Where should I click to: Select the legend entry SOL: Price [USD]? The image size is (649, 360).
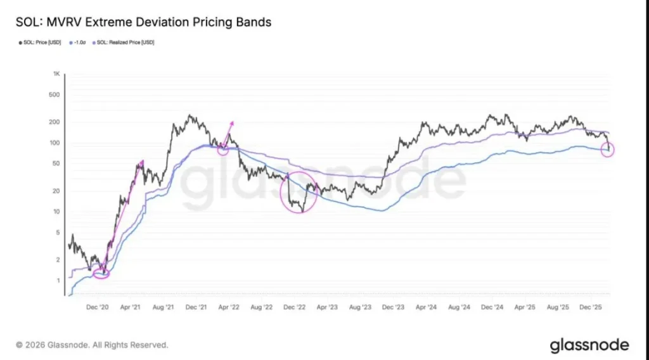pos(39,42)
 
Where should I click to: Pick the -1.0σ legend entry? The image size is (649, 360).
pos(78,42)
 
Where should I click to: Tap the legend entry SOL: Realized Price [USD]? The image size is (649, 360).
pos(124,42)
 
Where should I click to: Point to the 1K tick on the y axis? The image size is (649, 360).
pos(56,74)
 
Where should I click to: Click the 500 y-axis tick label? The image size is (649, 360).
pos(55,95)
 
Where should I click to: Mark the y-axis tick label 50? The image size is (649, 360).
pos(56,164)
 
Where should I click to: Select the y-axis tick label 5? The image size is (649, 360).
pos(57,232)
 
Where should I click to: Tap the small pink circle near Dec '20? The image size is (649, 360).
pos(101,273)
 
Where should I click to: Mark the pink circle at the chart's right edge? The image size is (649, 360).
pos(608,150)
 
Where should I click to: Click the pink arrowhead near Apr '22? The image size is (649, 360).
pos(231,123)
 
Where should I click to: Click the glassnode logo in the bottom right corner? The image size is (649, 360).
pos(589,345)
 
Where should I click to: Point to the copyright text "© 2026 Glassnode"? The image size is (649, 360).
pos(92,345)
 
